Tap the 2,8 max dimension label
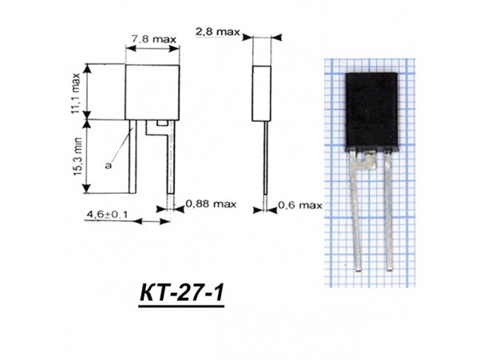pyautogui.click(x=217, y=31)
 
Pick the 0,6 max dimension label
pyautogui.click(x=299, y=205)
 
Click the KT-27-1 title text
pyautogui.click(x=175, y=294)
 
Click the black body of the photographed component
pyautogui.click(x=369, y=111)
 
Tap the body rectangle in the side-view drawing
pyautogui.click(x=263, y=93)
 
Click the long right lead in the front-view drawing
pyautogui.click(x=170, y=160)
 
